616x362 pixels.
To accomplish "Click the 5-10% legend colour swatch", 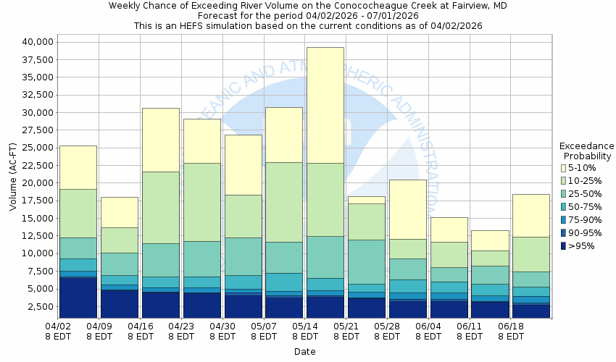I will pyautogui.click(x=563, y=168).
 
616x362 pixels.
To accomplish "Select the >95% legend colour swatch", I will pyautogui.click(x=563, y=246).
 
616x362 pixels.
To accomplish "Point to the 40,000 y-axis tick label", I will pyautogui.click(x=33, y=42).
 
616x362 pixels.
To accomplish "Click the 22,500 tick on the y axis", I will pyautogui.click(x=33, y=166).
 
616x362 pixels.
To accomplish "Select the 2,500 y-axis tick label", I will pyautogui.click(x=36, y=307).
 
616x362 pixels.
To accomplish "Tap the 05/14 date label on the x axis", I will pyautogui.click(x=305, y=331).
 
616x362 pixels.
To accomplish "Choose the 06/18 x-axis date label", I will pyautogui.click(x=511, y=331).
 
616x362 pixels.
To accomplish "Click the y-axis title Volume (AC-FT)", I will pyautogui.click(x=14, y=177).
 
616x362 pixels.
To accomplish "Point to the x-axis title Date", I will pyautogui.click(x=304, y=351).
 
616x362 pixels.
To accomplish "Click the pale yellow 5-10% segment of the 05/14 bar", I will pyautogui.click(x=325, y=105).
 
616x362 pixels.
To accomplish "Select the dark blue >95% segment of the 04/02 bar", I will pyautogui.click(x=78, y=297).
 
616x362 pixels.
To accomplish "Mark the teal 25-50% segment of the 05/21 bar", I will pyautogui.click(x=367, y=261).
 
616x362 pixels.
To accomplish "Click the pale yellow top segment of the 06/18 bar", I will pyautogui.click(x=531, y=215).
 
